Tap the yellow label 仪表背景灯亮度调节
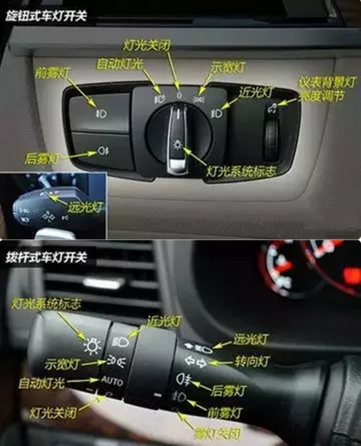tap(327, 87)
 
